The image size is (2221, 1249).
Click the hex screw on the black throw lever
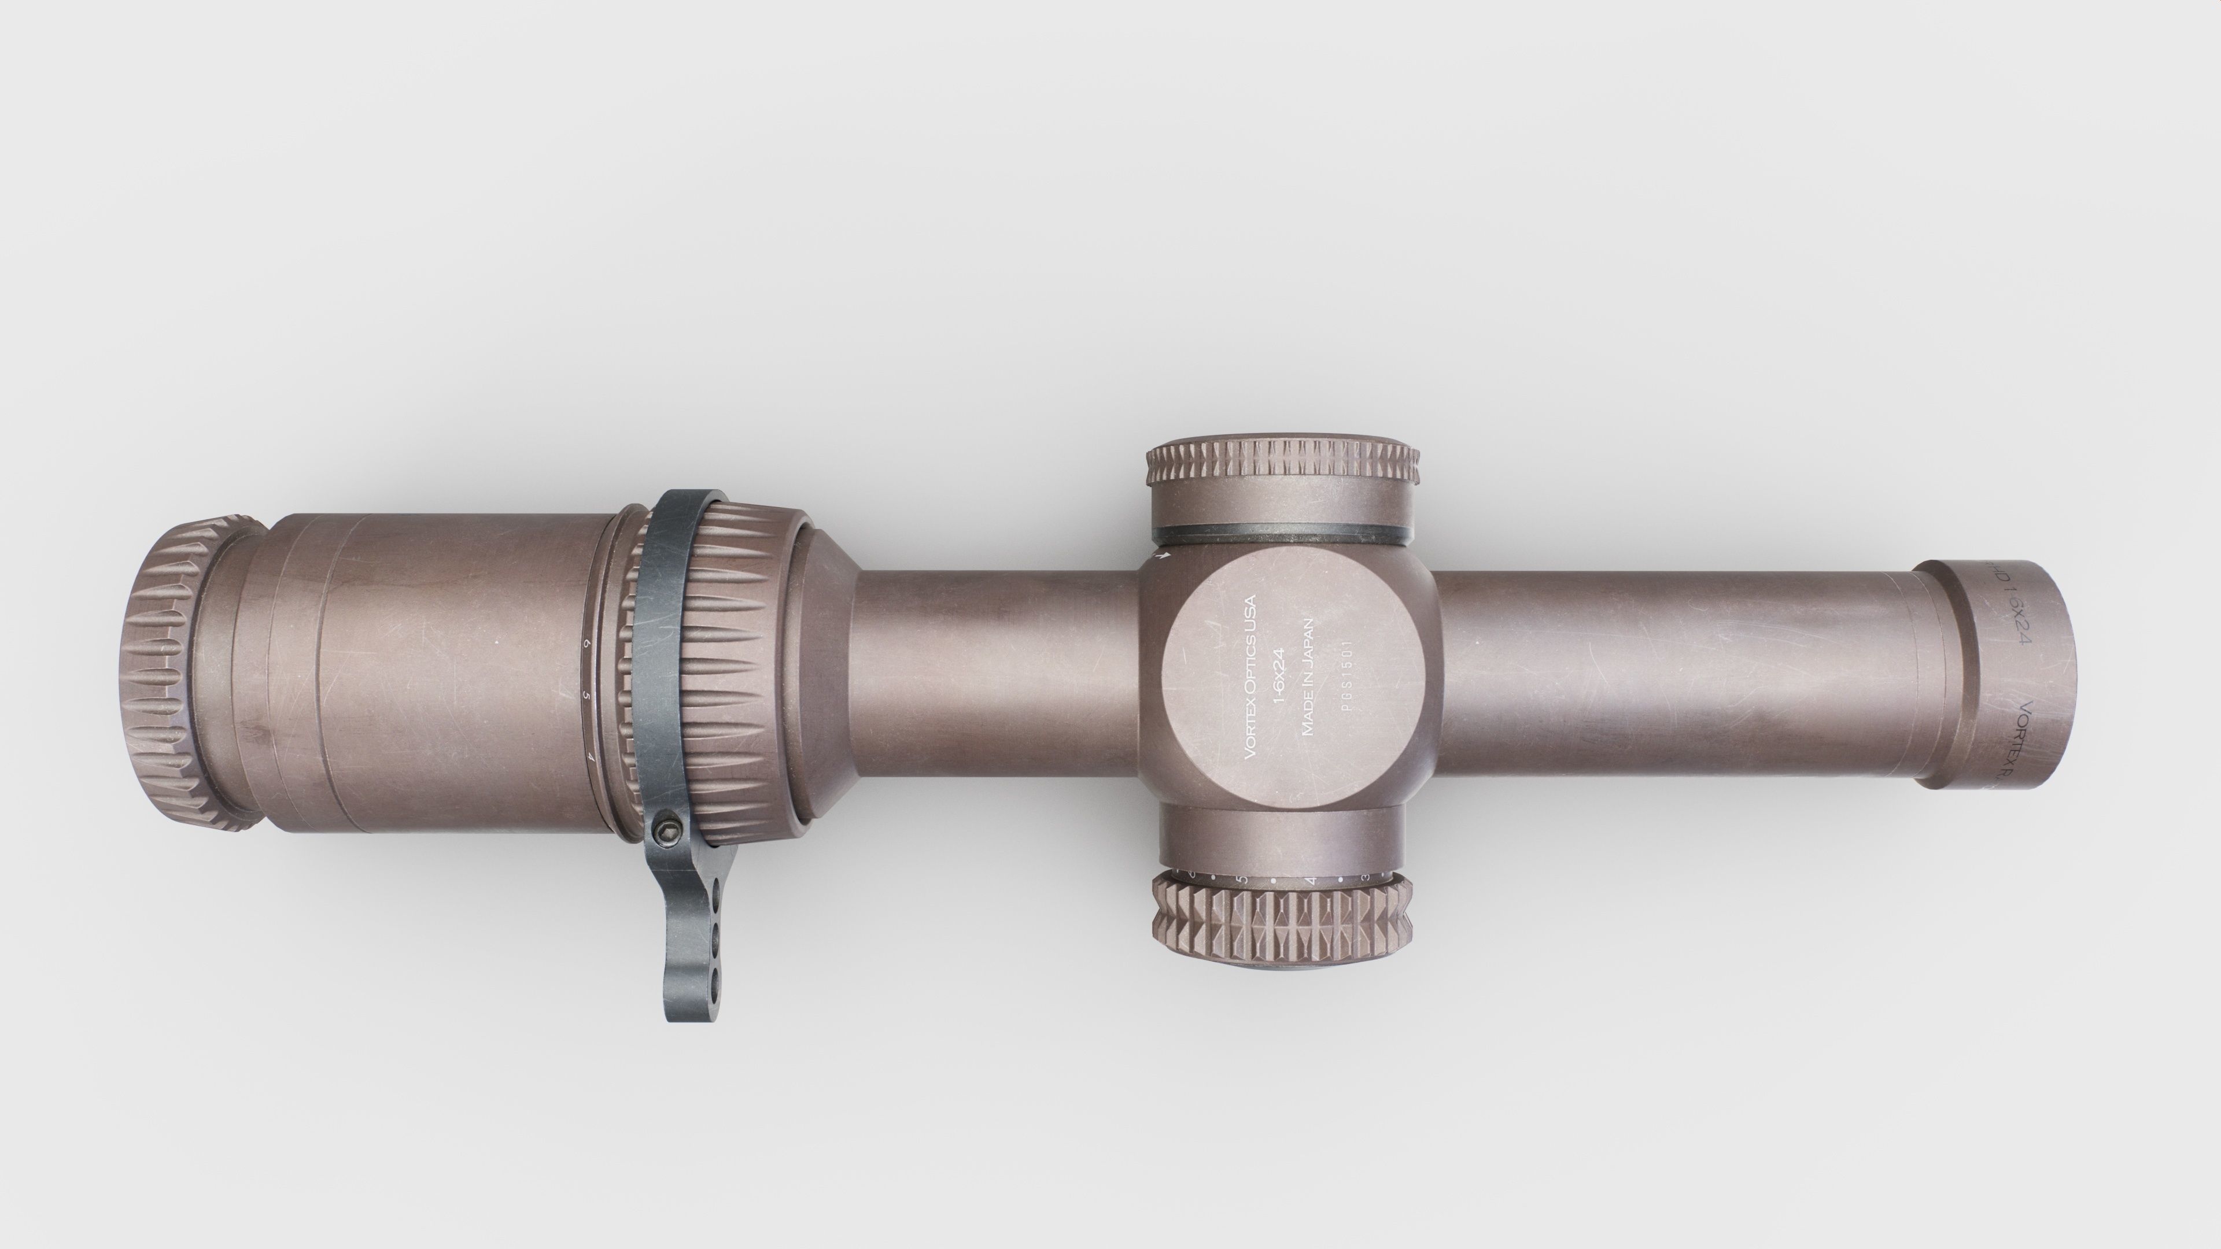[x=666, y=832]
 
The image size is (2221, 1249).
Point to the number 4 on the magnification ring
[x=590, y=757]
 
